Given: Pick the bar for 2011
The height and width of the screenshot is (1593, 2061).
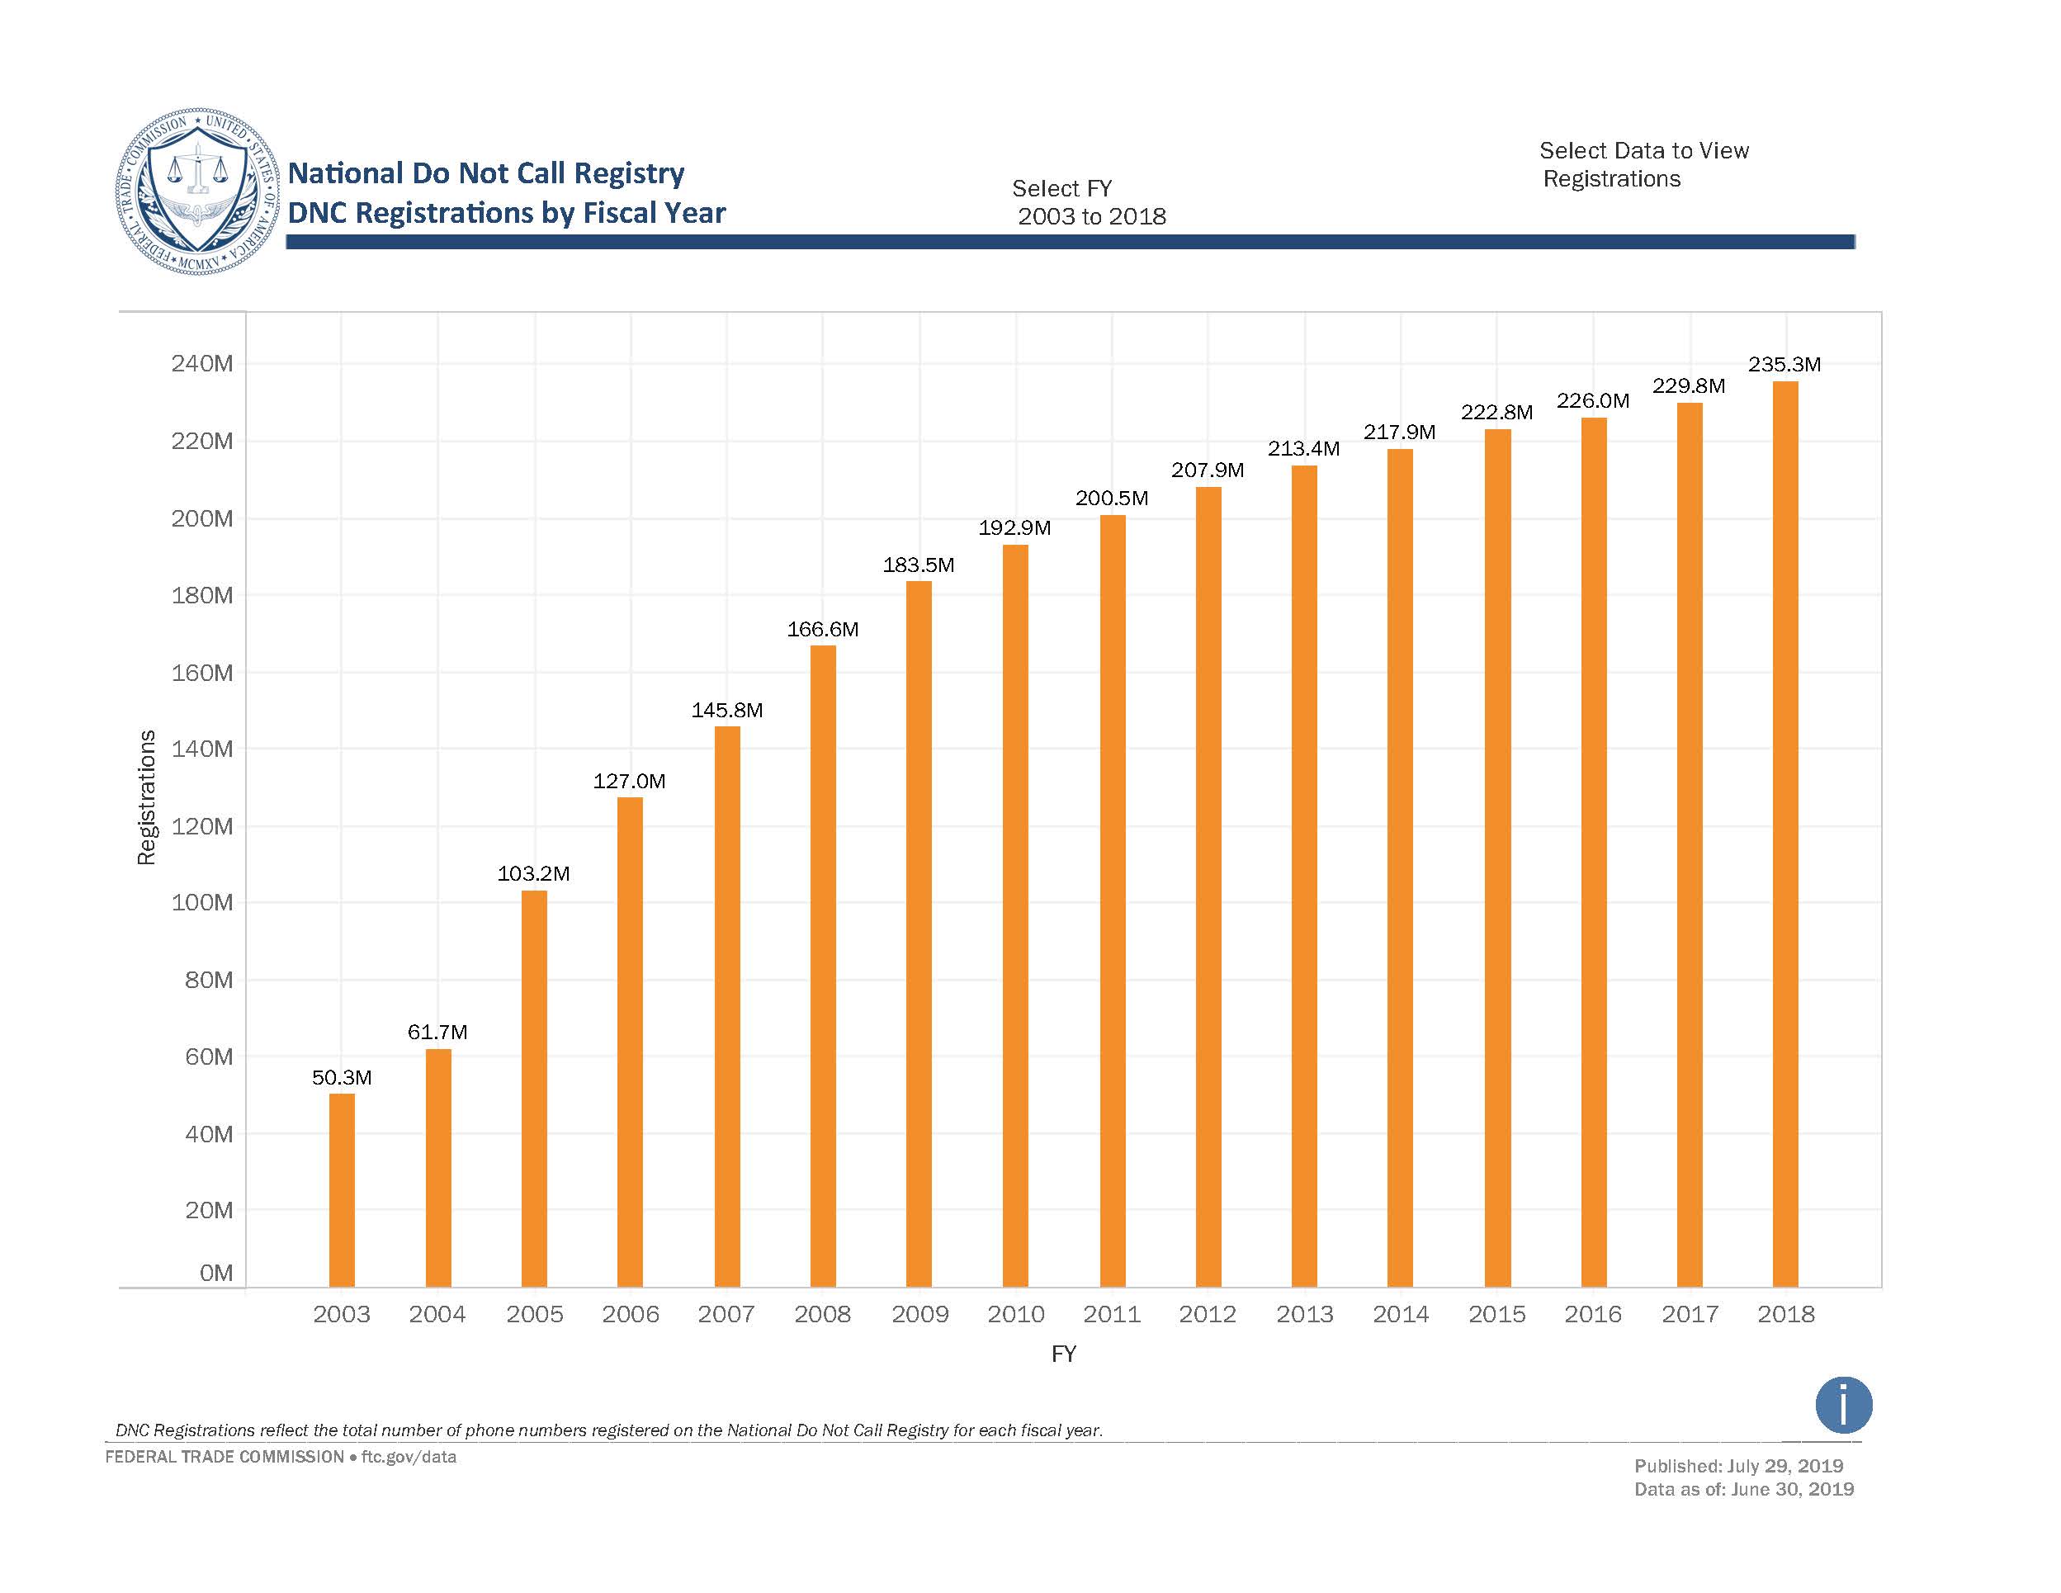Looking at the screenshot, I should tap(1113, 900).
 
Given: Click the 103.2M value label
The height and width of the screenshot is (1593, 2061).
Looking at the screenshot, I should tap(533, 873).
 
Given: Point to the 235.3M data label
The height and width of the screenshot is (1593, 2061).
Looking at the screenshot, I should tap(1784, 364).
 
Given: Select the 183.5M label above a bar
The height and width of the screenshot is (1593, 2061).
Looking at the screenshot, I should tap(918, 565).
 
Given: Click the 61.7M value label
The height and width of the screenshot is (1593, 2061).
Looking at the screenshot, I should tap(437, 1032).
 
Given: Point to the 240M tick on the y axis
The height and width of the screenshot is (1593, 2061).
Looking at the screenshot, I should tap(202, 363).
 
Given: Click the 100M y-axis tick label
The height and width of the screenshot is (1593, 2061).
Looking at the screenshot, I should tap(202, 902).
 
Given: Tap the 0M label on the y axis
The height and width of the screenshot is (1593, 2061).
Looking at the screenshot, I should tap(216, 1272).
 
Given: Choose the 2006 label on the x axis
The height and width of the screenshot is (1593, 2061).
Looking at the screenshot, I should tap(631, 1314).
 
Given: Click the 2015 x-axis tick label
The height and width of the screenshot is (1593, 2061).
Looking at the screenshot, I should tap(1496, 1314).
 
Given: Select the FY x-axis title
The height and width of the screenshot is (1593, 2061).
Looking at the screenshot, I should tap(1064, 1354).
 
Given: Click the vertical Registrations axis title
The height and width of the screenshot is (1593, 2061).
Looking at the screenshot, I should tap(146, 796).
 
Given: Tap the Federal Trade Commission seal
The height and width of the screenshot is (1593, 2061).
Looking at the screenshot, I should tap(197, 191).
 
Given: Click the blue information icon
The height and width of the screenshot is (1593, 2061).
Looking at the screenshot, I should tap(1843, 1404).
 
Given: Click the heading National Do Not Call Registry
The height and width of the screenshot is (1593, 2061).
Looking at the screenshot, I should tap(486, 173).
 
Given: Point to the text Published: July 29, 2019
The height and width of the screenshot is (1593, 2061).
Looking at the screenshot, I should tap(1738, 1466).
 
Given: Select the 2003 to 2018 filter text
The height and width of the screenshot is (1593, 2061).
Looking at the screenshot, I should tap(1092, 216).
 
